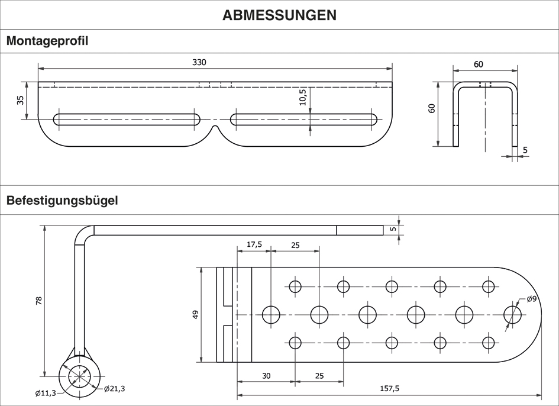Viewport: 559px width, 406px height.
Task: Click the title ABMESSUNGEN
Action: pos(279,15)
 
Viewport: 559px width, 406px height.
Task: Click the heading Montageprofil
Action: pos(47,41)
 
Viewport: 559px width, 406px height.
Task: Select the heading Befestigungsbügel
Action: pos(62,200)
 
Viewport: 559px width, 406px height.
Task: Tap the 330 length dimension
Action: pos(199,62)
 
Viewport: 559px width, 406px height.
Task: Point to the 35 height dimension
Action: pos(21,100)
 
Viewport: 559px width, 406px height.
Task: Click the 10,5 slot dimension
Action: pos(303,96)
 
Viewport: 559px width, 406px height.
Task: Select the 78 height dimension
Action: pos(39,301)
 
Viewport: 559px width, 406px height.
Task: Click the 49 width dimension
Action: pos(196,314)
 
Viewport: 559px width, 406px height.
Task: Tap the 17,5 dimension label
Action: pos(254,244)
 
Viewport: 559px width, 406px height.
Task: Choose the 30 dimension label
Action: pos(266,375)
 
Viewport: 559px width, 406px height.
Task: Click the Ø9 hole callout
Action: pos(531,299)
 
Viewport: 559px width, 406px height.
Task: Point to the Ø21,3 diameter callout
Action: pos(114,389)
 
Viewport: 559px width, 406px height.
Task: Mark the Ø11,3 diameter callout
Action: pos(46,393)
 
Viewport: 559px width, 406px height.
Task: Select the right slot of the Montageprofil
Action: pos(304,119)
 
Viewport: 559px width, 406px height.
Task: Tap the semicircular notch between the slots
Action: pos(215,128)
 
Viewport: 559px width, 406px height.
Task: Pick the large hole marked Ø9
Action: pos(513,314)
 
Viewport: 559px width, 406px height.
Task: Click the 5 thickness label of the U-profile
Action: pos(525,150)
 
